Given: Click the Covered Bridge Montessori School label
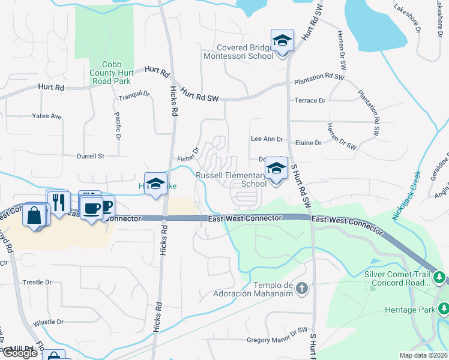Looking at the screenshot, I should coord(245,52).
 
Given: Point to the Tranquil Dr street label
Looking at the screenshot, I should coord(133,95).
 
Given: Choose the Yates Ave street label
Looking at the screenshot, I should coord(47,116).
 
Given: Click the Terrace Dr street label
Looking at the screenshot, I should coord(310,100).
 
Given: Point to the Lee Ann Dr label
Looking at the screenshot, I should coord(267,139).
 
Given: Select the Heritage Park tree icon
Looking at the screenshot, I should coord(444,309).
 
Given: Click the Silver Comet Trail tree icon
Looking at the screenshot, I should coord(440,278).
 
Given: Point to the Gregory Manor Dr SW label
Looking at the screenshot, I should coord(277,340).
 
